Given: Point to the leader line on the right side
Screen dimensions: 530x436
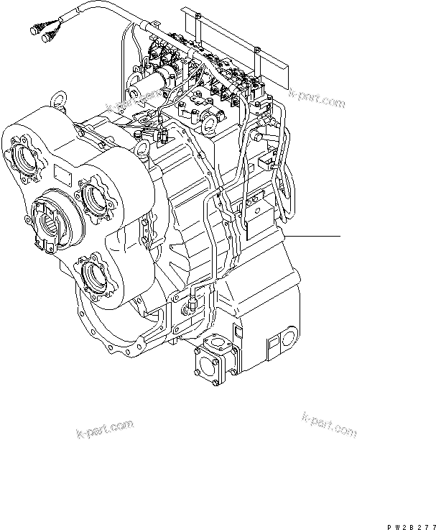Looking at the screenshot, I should point(312,236).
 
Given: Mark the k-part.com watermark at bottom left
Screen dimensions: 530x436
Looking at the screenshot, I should point(104,430).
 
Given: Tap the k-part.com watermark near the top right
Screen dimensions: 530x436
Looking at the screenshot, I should point(317,99).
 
